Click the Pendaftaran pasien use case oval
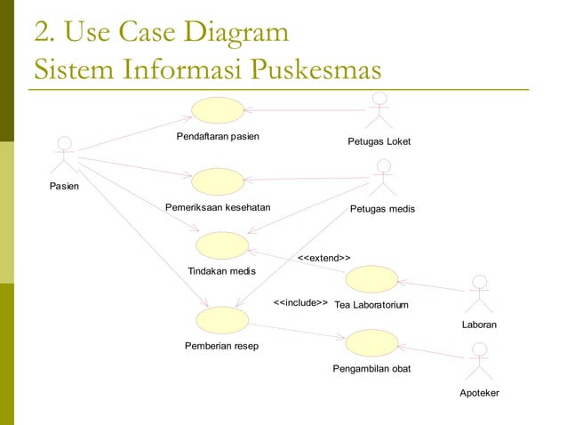point(219,110)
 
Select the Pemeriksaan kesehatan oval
point(219,181)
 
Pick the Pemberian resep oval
point(221,318)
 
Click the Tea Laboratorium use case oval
point(371,279)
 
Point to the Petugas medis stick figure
point(383,177)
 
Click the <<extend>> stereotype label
point(323,258)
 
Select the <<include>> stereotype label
point(300,303)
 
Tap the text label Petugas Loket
point(380,142)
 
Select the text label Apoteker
point(479,393)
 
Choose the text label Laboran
point(479,325)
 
